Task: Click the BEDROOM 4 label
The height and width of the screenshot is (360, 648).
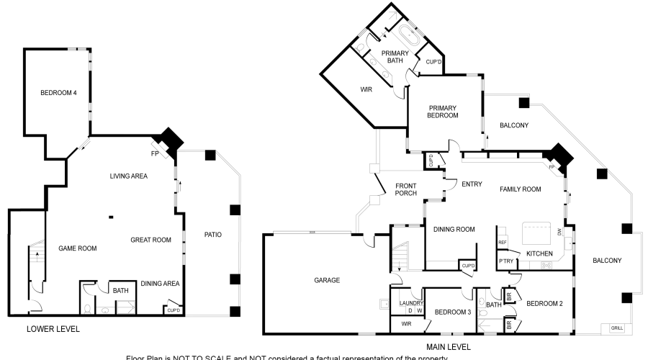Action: click(x=58, y=92)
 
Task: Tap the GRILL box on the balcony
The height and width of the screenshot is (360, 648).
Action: click(x=617, y=328)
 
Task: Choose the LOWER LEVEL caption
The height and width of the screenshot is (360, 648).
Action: click(x=53, y=329)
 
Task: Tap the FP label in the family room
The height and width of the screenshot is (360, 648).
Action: click(x=552, y=167)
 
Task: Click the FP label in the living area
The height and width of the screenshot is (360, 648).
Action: click(x=154, y=153)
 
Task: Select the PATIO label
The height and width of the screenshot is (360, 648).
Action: click(x=212, y=234)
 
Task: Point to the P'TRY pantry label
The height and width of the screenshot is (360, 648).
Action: click(x=505, y=261)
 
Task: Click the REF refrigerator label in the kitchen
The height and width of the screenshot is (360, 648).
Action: click(x=503, y=241)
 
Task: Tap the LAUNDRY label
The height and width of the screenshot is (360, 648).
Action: click(x=410, y=303)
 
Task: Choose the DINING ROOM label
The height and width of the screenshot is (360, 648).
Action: click(x=454, y=230)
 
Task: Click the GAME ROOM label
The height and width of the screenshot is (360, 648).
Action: click(x=78, y=248)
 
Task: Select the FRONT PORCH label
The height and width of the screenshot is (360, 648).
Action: click(x=406, y=189)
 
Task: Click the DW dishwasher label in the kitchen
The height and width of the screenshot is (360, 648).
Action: click(x=559, y=231)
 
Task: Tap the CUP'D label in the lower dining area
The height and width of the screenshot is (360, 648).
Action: click(x=173, y=310)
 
